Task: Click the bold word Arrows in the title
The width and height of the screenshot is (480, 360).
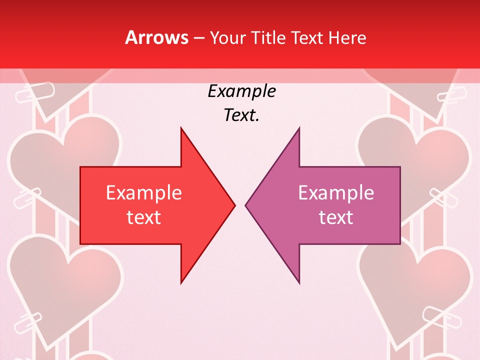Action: click(x=156, y=37)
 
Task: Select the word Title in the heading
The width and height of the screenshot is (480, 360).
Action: click(x=268, y=37)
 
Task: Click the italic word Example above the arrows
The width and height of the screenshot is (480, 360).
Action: click(x=241, y=91)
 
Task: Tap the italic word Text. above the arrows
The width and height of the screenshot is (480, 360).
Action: click(x=241, y=115)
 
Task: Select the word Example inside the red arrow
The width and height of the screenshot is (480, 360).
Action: click(x=144, y=193)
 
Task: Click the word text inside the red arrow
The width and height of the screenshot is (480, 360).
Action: click(x=144, y=217)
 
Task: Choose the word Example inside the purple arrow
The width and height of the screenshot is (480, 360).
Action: click(x=336, y=193)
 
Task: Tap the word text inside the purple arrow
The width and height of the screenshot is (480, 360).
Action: click(x=336, y=217)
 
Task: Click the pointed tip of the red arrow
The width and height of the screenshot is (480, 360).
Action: click(x=234, y=205)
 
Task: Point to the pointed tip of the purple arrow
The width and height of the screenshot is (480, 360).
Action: click(x=246, y=205)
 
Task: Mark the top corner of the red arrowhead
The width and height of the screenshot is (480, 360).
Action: click(x=181, y=128)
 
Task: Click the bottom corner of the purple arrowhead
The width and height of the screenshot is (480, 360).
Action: click(x=299, y=283)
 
